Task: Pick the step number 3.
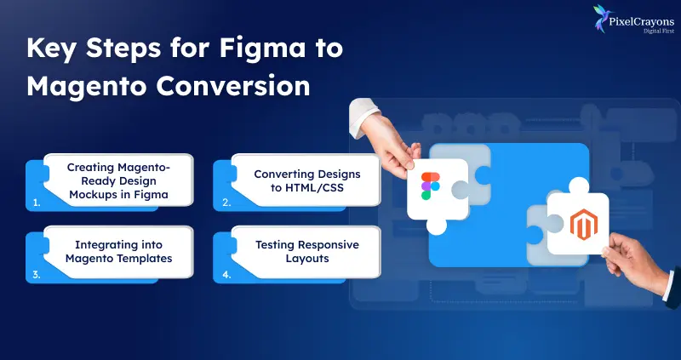point(36,276)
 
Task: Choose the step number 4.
point(226,276)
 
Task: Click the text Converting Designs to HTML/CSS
point(307,180)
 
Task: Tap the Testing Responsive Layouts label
point(307,252)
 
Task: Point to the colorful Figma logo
point(432,186)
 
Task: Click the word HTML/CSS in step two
point(317,188)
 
